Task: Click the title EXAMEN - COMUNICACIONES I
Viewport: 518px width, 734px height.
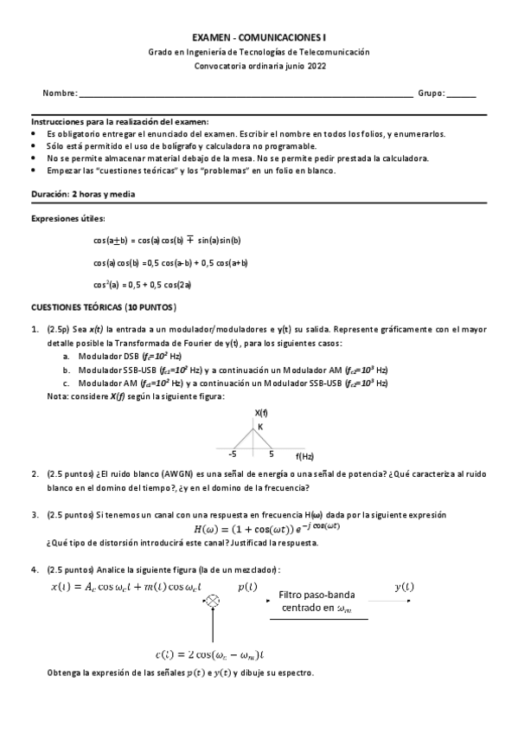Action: coord(259,38)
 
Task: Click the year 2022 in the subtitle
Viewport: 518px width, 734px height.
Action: coord(317,66)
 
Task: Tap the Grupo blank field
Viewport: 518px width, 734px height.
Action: coord(461,93)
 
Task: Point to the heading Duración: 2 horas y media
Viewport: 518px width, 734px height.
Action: coord(82,195)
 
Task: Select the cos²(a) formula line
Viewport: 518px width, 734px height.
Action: coord(142,284)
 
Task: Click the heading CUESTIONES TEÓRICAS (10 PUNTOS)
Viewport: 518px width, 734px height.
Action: coord(103,306)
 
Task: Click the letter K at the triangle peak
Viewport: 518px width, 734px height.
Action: coord(259,426)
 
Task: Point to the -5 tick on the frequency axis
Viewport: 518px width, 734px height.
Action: coord(232,453)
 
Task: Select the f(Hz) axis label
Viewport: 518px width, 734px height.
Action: coord(304,455)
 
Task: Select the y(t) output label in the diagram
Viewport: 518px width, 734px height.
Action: coord(404,587)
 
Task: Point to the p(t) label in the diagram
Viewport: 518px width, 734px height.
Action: coord(247,587)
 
